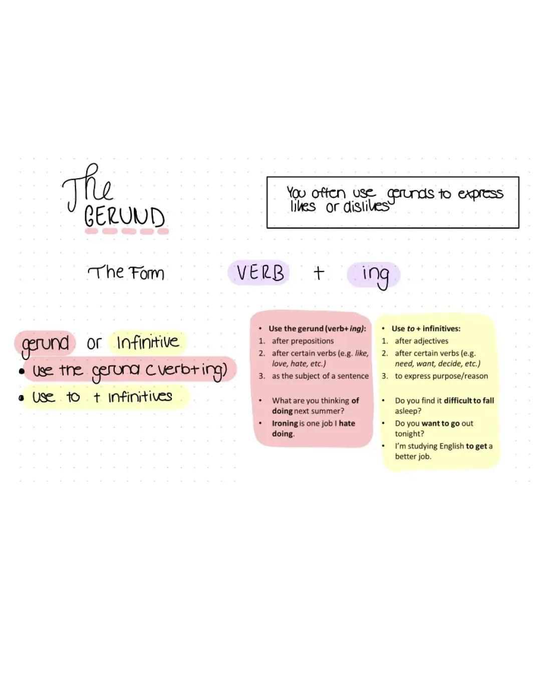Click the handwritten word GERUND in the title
(124, 217)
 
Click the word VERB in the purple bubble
(260, 273)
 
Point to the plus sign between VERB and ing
(319, 273)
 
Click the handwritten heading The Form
(126, 273)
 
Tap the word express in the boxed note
(480, 194)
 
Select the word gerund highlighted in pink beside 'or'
(45, 344)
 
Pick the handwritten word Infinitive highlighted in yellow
(148, 342)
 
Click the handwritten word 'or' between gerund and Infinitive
(94, 343)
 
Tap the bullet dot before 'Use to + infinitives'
(22, 398)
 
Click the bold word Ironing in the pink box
(285, 423)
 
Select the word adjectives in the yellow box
(430, 341)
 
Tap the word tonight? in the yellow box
(409, 434)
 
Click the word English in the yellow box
(451, 446)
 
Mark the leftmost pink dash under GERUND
(91, 231)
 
